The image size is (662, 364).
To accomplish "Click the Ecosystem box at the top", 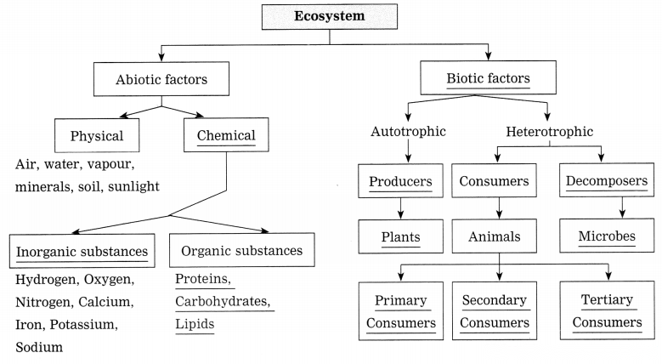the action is tap(330, 16).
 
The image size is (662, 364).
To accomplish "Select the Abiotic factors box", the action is tap(161, 79).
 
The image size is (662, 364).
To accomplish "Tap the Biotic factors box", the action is tap(488, 77).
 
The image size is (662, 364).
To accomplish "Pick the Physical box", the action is tap(97, 135).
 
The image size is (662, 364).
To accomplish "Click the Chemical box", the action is tap(226, 135).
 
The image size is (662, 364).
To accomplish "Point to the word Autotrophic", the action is tap(408, 132).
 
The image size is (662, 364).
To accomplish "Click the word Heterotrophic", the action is tap(550, 132).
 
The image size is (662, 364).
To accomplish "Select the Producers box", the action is tap(400, 181).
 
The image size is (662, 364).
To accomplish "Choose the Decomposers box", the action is tap(607, 180).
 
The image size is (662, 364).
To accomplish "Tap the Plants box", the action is tap(400, 236).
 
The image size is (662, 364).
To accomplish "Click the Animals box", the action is tap(495, 236).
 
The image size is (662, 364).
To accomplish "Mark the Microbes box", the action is tap(607, 236).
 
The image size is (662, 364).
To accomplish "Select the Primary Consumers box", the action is tap(401, 311).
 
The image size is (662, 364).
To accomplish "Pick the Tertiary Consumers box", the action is tap(607, 310).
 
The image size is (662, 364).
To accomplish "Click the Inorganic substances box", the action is tap(82, 251).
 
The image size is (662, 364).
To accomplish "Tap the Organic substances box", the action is tap(242, 250).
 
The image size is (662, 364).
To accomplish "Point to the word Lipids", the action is tap(195, 324).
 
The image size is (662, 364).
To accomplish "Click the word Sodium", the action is tap(39, 347).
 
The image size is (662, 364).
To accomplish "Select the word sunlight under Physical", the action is tap(133, 186).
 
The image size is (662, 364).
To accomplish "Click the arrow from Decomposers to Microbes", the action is tap(622, 208).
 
